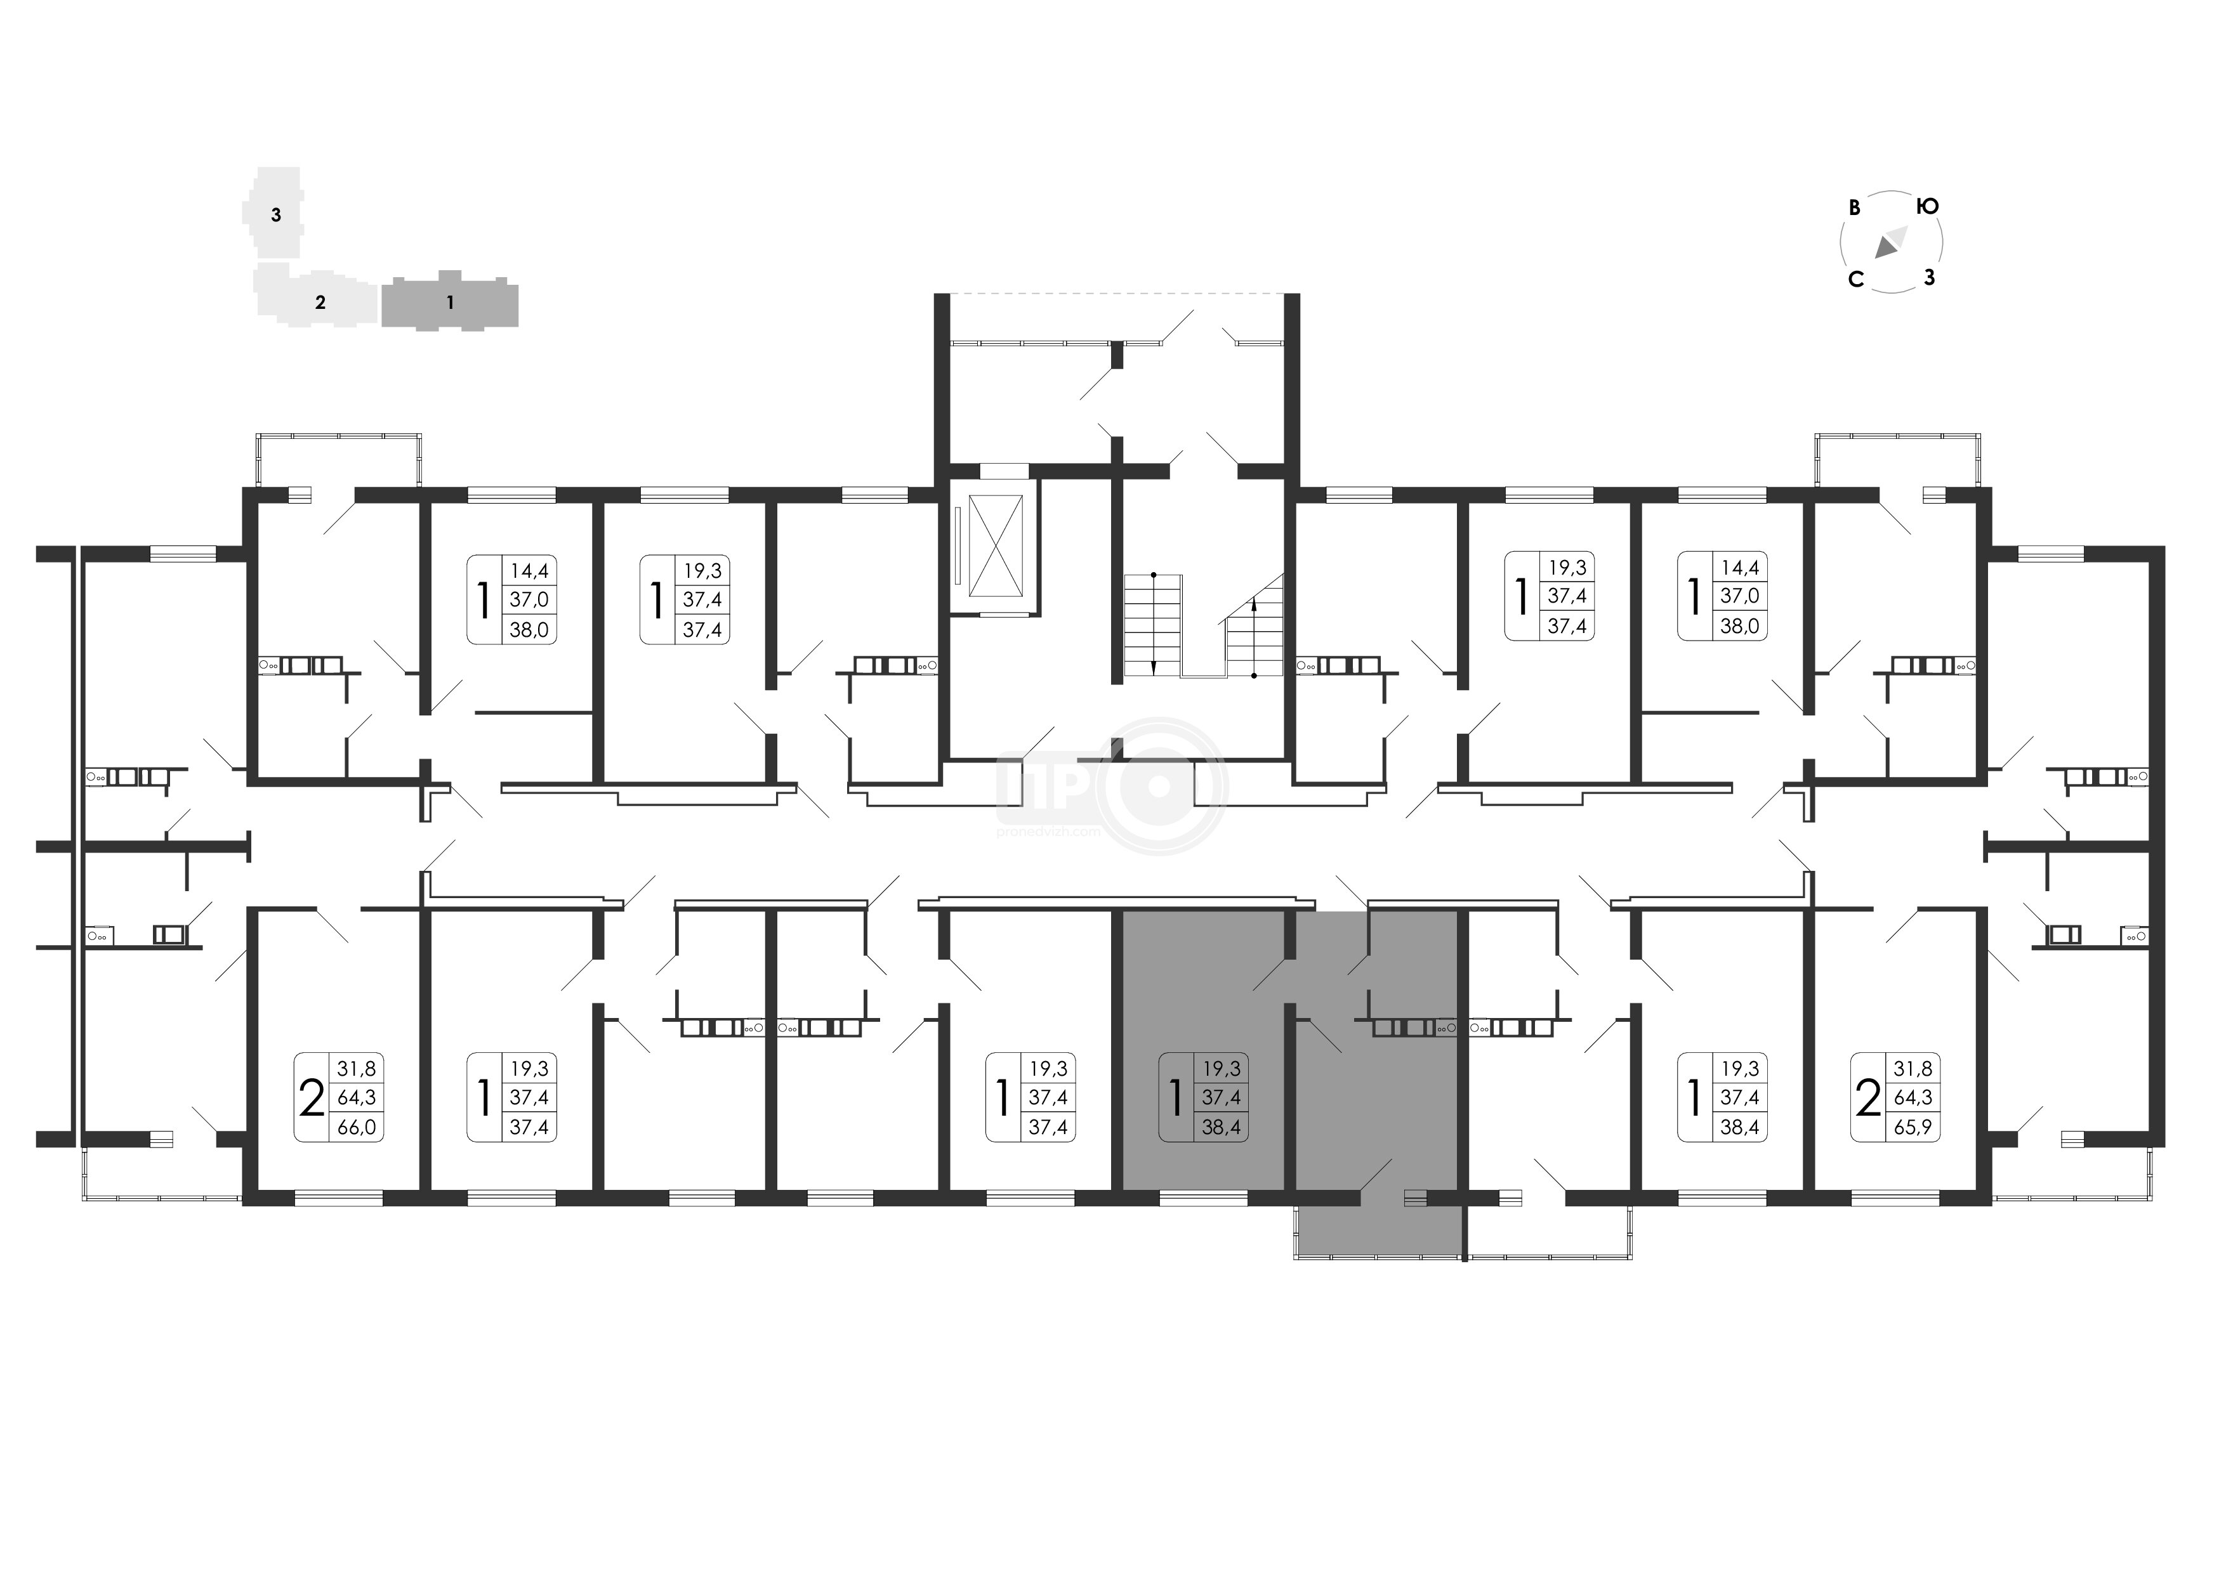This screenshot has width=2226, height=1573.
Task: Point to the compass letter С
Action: (1855, 280)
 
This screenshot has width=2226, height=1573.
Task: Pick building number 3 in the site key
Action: (276, 215)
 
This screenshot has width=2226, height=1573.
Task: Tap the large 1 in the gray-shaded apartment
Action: (1176, 1098)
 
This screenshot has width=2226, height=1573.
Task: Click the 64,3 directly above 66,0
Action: (356, 1098)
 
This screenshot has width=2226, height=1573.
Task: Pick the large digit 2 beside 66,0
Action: (311, 1098)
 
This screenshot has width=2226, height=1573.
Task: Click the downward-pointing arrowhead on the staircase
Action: (1154, 666)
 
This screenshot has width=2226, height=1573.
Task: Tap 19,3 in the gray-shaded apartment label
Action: (1221, 1069)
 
